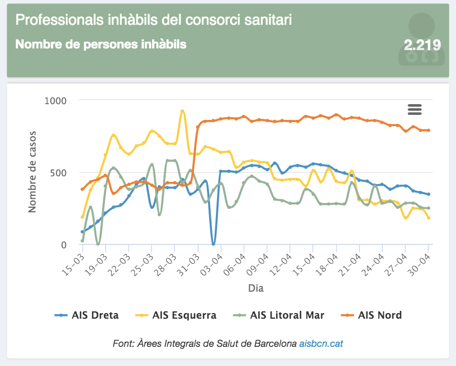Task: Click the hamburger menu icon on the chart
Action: point(415,109)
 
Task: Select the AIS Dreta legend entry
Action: point(87,315)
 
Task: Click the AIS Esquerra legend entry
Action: point(176,315)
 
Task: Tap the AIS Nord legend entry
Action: point(372,315)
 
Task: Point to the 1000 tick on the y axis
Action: point(56,101)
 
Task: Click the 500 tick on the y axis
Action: point(59,173)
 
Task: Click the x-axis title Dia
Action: point(255,288)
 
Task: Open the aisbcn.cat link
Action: point(328,343)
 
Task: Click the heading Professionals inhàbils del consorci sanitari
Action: point(153,20)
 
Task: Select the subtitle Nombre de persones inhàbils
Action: point(101,44)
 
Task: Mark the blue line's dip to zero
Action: point(213,244)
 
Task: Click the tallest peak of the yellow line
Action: point(182,111)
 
